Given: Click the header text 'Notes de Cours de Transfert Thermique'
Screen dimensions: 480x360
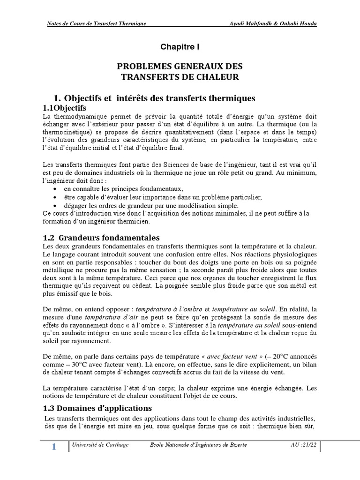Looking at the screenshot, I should tap(97, 24).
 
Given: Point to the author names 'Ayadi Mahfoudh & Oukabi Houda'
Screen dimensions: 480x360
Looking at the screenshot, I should tap(270, 24).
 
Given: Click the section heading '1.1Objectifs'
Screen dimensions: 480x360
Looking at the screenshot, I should tap(67, 108).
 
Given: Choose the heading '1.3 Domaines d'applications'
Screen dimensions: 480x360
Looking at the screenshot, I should tap(97, 407).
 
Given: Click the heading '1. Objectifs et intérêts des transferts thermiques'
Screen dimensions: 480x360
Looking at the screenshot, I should tap(154, 98).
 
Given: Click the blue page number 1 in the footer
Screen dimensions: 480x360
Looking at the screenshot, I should tap(53, 447).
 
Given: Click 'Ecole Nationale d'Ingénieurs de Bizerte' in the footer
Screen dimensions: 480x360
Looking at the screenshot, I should tap(197, 444).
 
